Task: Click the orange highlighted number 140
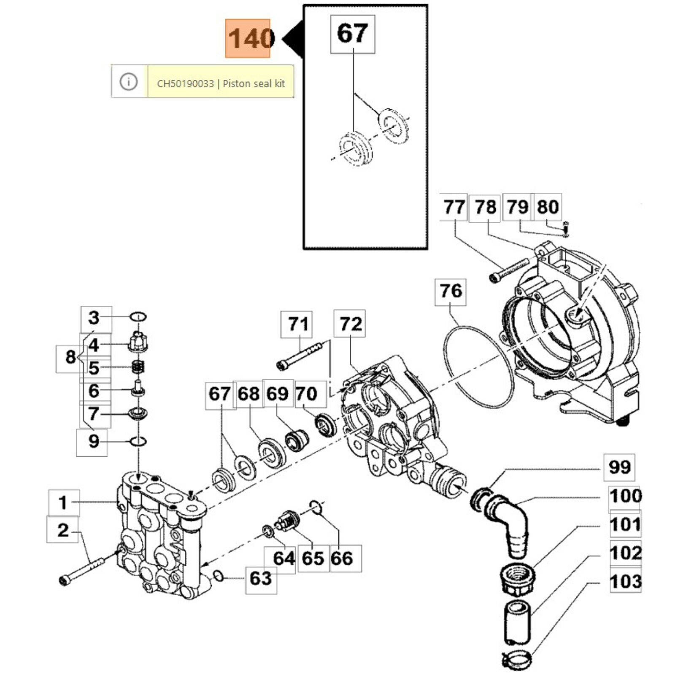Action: click(x=248, y=38)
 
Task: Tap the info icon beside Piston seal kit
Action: click(x=129, y=81)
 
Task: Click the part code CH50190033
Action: click(x=185, y=84)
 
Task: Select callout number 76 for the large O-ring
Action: click(x=451, y=292)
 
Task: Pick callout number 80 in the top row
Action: click(x=548, y=207)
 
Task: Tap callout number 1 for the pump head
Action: click(x=63, y=503)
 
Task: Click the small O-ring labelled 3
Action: click(x=138, y=316)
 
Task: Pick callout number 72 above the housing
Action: click(x=351, y=324)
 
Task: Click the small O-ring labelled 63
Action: click(x=219, y=575)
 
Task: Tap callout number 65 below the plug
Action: click(x=313, y=559)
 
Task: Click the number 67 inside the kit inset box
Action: click(x=352, y=34)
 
